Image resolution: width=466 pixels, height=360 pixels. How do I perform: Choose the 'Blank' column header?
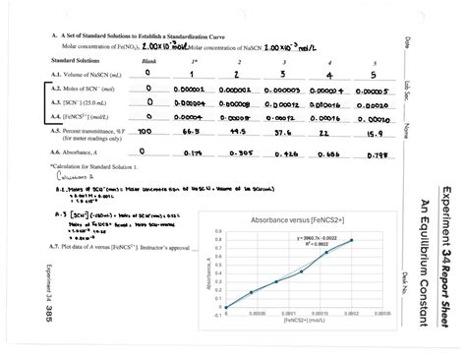pos(147,60)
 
